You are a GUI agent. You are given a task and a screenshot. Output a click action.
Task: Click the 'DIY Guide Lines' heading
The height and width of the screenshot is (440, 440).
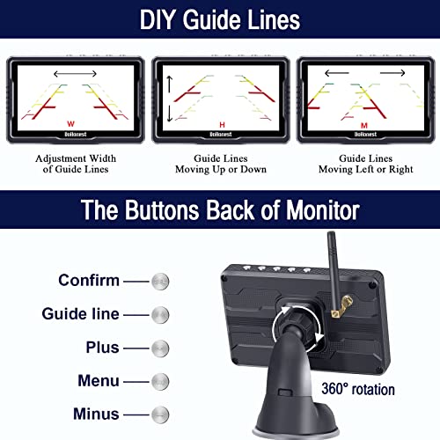(x=219, y=18)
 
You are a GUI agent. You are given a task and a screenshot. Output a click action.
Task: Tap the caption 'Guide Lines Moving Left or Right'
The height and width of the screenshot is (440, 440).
(x=364, y=163)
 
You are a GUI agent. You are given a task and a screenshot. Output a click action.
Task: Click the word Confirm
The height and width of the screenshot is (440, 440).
(x=89, y=280)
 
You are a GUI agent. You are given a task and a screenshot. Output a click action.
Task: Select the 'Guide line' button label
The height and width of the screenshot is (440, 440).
(x=80, y=313)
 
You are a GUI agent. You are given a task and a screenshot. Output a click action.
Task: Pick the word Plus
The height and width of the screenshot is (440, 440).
(x=102, y=347)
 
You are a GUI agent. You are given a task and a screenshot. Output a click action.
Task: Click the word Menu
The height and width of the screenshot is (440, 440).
(x=99, y=380)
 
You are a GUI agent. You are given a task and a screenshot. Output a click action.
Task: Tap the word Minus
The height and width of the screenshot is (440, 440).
(x=97, y=414)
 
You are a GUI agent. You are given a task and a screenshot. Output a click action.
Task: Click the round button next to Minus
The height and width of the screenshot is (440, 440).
(x=159, y=414)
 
